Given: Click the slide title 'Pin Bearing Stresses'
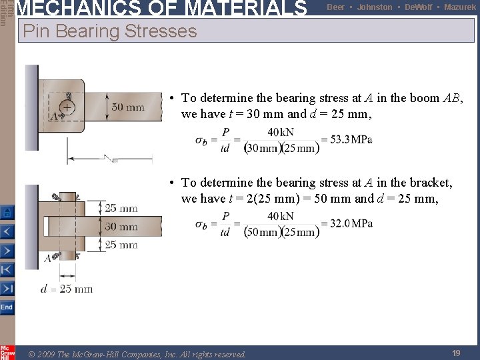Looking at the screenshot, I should tap(110, 31).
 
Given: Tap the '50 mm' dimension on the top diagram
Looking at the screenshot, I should tap(128, 107).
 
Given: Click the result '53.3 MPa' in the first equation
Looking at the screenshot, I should tap(346, 140).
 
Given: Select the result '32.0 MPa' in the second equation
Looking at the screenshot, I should tap(347, 224).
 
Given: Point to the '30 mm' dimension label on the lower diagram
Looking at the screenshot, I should tap(121, 227).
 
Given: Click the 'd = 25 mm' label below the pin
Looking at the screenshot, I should tap(67, 289).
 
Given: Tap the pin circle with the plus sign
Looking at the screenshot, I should tap(68, 107).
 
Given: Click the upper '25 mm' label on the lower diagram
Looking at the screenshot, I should tap(121, 209).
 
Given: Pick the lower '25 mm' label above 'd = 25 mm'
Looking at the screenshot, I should tap(121, 245).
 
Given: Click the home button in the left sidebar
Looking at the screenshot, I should tap(7, 213).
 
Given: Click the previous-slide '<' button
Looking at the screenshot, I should tap(7, 232).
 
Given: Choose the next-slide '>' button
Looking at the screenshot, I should tap(7, 251).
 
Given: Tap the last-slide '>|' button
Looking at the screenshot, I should tap(7, 289).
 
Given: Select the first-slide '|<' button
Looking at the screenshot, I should tap(7, 270).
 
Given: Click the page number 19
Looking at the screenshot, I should tap(456, 353).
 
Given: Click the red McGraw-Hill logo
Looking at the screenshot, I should tap(7, 352).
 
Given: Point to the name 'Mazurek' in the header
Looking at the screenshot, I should tap(460, 7).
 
